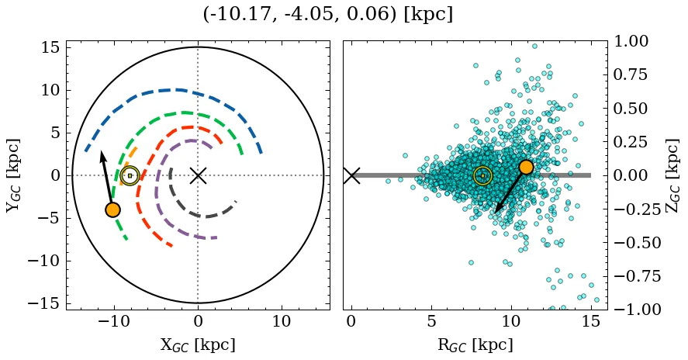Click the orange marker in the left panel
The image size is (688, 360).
coord(113,209)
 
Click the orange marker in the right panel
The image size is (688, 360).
coord(526,167)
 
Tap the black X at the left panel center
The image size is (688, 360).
coord(198,175)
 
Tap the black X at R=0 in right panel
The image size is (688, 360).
coord(351,175)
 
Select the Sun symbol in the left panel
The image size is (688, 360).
coord(130,175)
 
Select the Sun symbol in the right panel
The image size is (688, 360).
coord(482,175)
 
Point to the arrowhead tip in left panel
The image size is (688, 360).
coord(101,151)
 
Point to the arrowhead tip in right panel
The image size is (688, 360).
coord(496,212)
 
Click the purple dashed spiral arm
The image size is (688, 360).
coord(158,186)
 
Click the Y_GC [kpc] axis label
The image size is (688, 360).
coord(13,175)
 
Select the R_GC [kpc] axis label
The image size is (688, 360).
coord(474,345)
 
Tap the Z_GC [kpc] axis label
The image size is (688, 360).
coord(672,175)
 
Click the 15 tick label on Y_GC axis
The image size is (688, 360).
coord(50,48)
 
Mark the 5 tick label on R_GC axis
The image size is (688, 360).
coord(431,322)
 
